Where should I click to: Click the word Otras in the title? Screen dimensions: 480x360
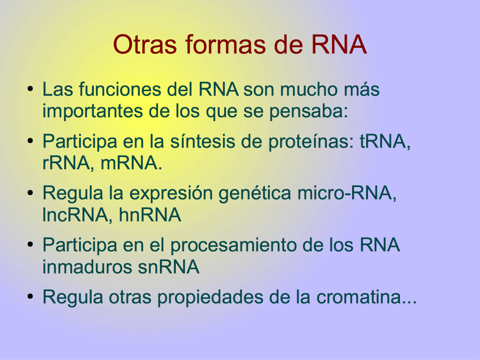coord(145,45)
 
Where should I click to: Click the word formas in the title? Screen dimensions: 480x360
coord(225,45)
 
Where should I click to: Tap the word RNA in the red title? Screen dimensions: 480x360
coord(338,45)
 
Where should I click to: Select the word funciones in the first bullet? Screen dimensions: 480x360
coord(120,89)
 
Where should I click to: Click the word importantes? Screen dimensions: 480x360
coord(92,111)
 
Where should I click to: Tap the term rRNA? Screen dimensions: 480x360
coord(66,163)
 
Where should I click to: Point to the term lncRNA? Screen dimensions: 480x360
coord(75,215)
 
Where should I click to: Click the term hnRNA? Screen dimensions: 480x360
coord(150,215)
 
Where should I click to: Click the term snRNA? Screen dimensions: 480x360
coord(169,267)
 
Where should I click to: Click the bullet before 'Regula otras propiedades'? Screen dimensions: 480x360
coord(30,296)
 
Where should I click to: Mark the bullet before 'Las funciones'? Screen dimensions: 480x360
coord(30,89)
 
